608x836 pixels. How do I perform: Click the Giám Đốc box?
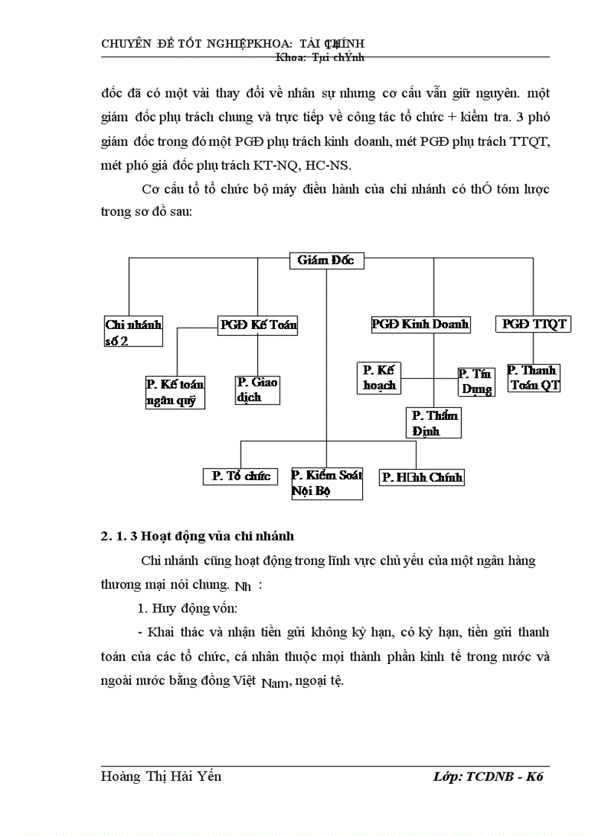pyautogui.click(x=326, y=261)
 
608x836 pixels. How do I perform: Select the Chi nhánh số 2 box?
pyautogui.click(x=133, y=332)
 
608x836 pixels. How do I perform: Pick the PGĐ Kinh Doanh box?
pyautogui.click(x=420, y=325)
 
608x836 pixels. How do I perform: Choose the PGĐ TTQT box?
pyautogui.click(x=533, y=325)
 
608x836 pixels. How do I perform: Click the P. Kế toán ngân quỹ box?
pyautogui.click(x=175, y=392)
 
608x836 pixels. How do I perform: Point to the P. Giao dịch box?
pyautogui.click(x=258, y=389)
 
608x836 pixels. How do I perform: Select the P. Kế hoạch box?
pyautogui.click(x=379, y=377)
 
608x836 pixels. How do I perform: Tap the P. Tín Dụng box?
pyautogui.click(x=475, y=381)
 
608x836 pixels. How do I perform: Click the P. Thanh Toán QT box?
pyautogui.click(x=533, y=377)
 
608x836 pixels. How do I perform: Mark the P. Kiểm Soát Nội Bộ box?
pyautogui.click(x=326, y=483)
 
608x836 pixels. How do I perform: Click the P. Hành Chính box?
pyautogui.click(x=422, y=477)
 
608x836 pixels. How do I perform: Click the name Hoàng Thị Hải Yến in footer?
pyautogui.click(x=161, y=776)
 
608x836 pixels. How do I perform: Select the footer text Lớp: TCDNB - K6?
pyautogui.click(x=488, y=776)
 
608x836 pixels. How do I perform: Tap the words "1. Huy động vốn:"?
pyautogui.click(x=188, y=608)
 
